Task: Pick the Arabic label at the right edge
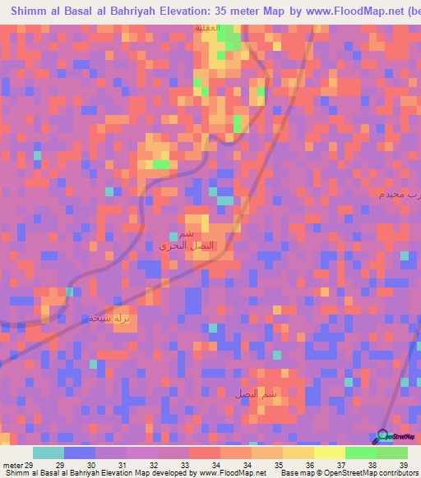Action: pos(400,194)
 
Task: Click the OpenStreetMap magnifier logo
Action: pos(384,435)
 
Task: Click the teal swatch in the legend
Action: pos(48,453)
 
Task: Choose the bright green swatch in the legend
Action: pos(361,453)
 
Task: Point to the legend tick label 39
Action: pos(404,465)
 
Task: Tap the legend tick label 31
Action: pos(122,465)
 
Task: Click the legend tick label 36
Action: pos(309,465)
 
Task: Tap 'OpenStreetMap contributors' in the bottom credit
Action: pos(369,473)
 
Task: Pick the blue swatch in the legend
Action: pos(79,453)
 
